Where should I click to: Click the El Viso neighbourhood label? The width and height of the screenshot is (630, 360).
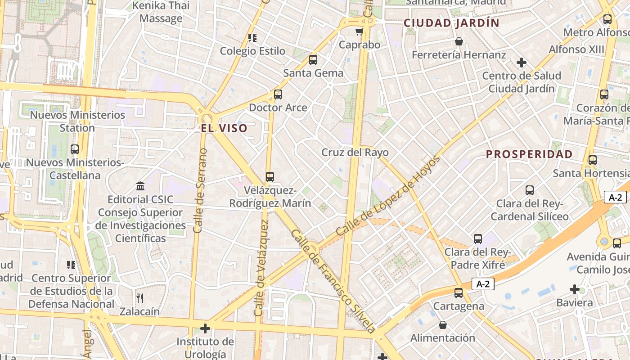[224, 128]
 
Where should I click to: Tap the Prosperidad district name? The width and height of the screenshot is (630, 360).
[529, 154]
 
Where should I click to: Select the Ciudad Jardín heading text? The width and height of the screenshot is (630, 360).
[451, 23]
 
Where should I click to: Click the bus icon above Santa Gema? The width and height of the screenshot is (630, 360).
[313, 59]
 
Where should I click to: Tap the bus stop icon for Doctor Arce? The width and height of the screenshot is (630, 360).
[278, 94]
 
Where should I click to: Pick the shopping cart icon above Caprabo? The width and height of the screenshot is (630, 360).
[359, 31]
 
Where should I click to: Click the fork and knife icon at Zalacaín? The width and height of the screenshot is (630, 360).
[139, 298]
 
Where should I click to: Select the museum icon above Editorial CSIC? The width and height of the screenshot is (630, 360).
[140, 186]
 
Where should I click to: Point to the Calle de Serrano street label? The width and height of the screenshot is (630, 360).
[201, 190]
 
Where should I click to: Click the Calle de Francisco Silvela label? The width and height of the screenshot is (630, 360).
[333, 281]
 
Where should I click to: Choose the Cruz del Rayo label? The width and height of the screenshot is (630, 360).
[355, 153]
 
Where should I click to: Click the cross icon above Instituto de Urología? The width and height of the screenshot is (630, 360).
[205, 328]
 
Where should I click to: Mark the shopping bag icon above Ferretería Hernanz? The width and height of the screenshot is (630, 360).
[459, 41]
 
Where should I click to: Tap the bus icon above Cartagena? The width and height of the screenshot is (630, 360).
[459, 293]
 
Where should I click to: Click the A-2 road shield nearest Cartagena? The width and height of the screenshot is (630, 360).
[483, 284]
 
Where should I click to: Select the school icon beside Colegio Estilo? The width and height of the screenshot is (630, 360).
[252, 38]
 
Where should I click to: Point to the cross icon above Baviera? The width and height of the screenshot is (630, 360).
[574, 289]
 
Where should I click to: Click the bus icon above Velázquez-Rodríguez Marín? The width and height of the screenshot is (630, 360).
[270, 177]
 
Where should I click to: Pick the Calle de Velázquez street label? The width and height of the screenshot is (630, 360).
[261, 268]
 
